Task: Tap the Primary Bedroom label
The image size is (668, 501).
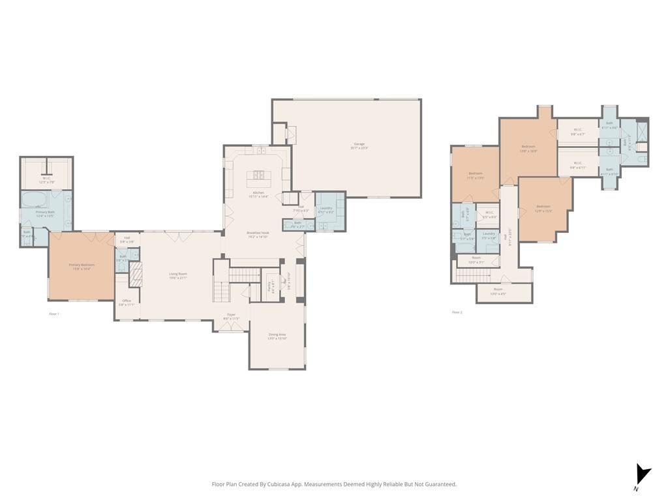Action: click(82, 265)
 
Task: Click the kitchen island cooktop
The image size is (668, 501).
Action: click(258, 175)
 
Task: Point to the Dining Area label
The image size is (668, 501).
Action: click(277, 335)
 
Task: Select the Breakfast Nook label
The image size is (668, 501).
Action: click(258, 233)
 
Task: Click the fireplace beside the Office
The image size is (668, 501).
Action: click(136, 276)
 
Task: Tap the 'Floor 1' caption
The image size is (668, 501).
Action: click(54, 314)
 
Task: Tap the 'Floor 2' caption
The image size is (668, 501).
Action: click(457, 312)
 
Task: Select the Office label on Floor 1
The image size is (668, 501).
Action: click(127, 301)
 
